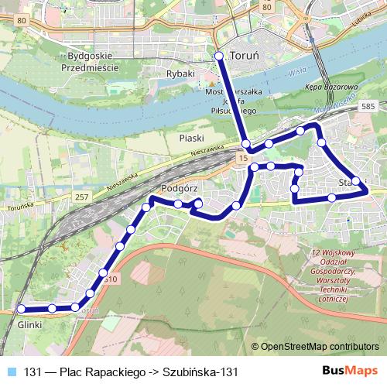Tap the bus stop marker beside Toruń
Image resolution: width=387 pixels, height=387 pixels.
tap(219, 56)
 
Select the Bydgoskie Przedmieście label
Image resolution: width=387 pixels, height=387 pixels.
tap(92, 62)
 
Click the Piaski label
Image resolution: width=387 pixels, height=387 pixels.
tap(191, 137)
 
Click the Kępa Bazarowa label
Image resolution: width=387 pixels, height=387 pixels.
tap(330, 87)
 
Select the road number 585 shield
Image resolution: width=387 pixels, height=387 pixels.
tap(368, 105)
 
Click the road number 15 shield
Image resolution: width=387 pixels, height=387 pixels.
tap(244, 158)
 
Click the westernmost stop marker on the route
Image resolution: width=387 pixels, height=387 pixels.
tap(22, 309)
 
